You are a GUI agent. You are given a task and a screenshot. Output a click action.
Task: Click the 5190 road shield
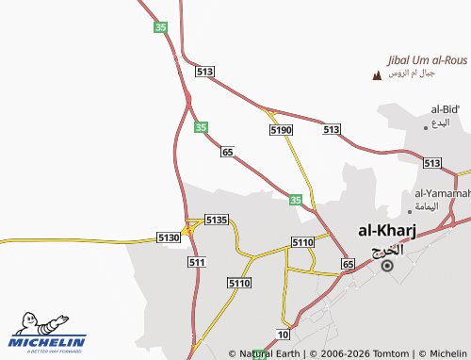281,129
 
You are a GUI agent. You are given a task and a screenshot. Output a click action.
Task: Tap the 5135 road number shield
217,220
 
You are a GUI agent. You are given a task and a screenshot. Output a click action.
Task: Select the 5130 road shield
169,237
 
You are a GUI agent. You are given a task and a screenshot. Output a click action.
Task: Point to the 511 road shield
197,262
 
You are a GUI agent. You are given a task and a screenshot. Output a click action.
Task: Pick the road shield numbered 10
284,335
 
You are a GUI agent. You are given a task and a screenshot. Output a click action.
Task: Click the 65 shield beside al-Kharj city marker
348,265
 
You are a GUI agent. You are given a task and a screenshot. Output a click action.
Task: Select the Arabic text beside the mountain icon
413,74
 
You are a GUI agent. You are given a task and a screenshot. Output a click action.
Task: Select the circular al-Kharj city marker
387,267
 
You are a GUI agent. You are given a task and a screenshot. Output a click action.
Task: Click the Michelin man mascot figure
29,323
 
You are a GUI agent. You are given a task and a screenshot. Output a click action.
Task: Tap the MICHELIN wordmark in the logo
48,343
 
